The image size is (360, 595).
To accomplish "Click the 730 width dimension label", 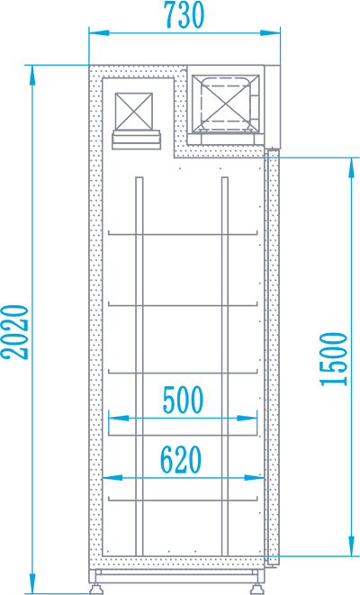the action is (184, 14).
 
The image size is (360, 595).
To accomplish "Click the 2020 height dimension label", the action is (15, 332).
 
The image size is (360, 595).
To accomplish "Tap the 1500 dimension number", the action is (334, 359).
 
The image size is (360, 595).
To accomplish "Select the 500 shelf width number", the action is (184, 400).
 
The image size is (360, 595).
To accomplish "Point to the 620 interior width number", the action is (181, 460).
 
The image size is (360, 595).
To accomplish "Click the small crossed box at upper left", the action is (134, 111).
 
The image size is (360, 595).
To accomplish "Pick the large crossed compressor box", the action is (225, 104).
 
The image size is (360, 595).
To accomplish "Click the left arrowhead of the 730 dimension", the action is (99, 33).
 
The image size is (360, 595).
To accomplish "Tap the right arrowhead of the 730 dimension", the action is (271, 33).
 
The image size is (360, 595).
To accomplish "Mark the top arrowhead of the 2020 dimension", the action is (33, 75).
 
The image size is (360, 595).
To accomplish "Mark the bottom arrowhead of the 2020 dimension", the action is (33, 583).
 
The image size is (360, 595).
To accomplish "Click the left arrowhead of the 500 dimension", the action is (119, 419).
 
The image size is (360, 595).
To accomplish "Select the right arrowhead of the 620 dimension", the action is (254, 478).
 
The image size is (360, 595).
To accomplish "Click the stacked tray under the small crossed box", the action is (136, 140).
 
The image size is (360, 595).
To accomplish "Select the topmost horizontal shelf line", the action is (183, 233).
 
